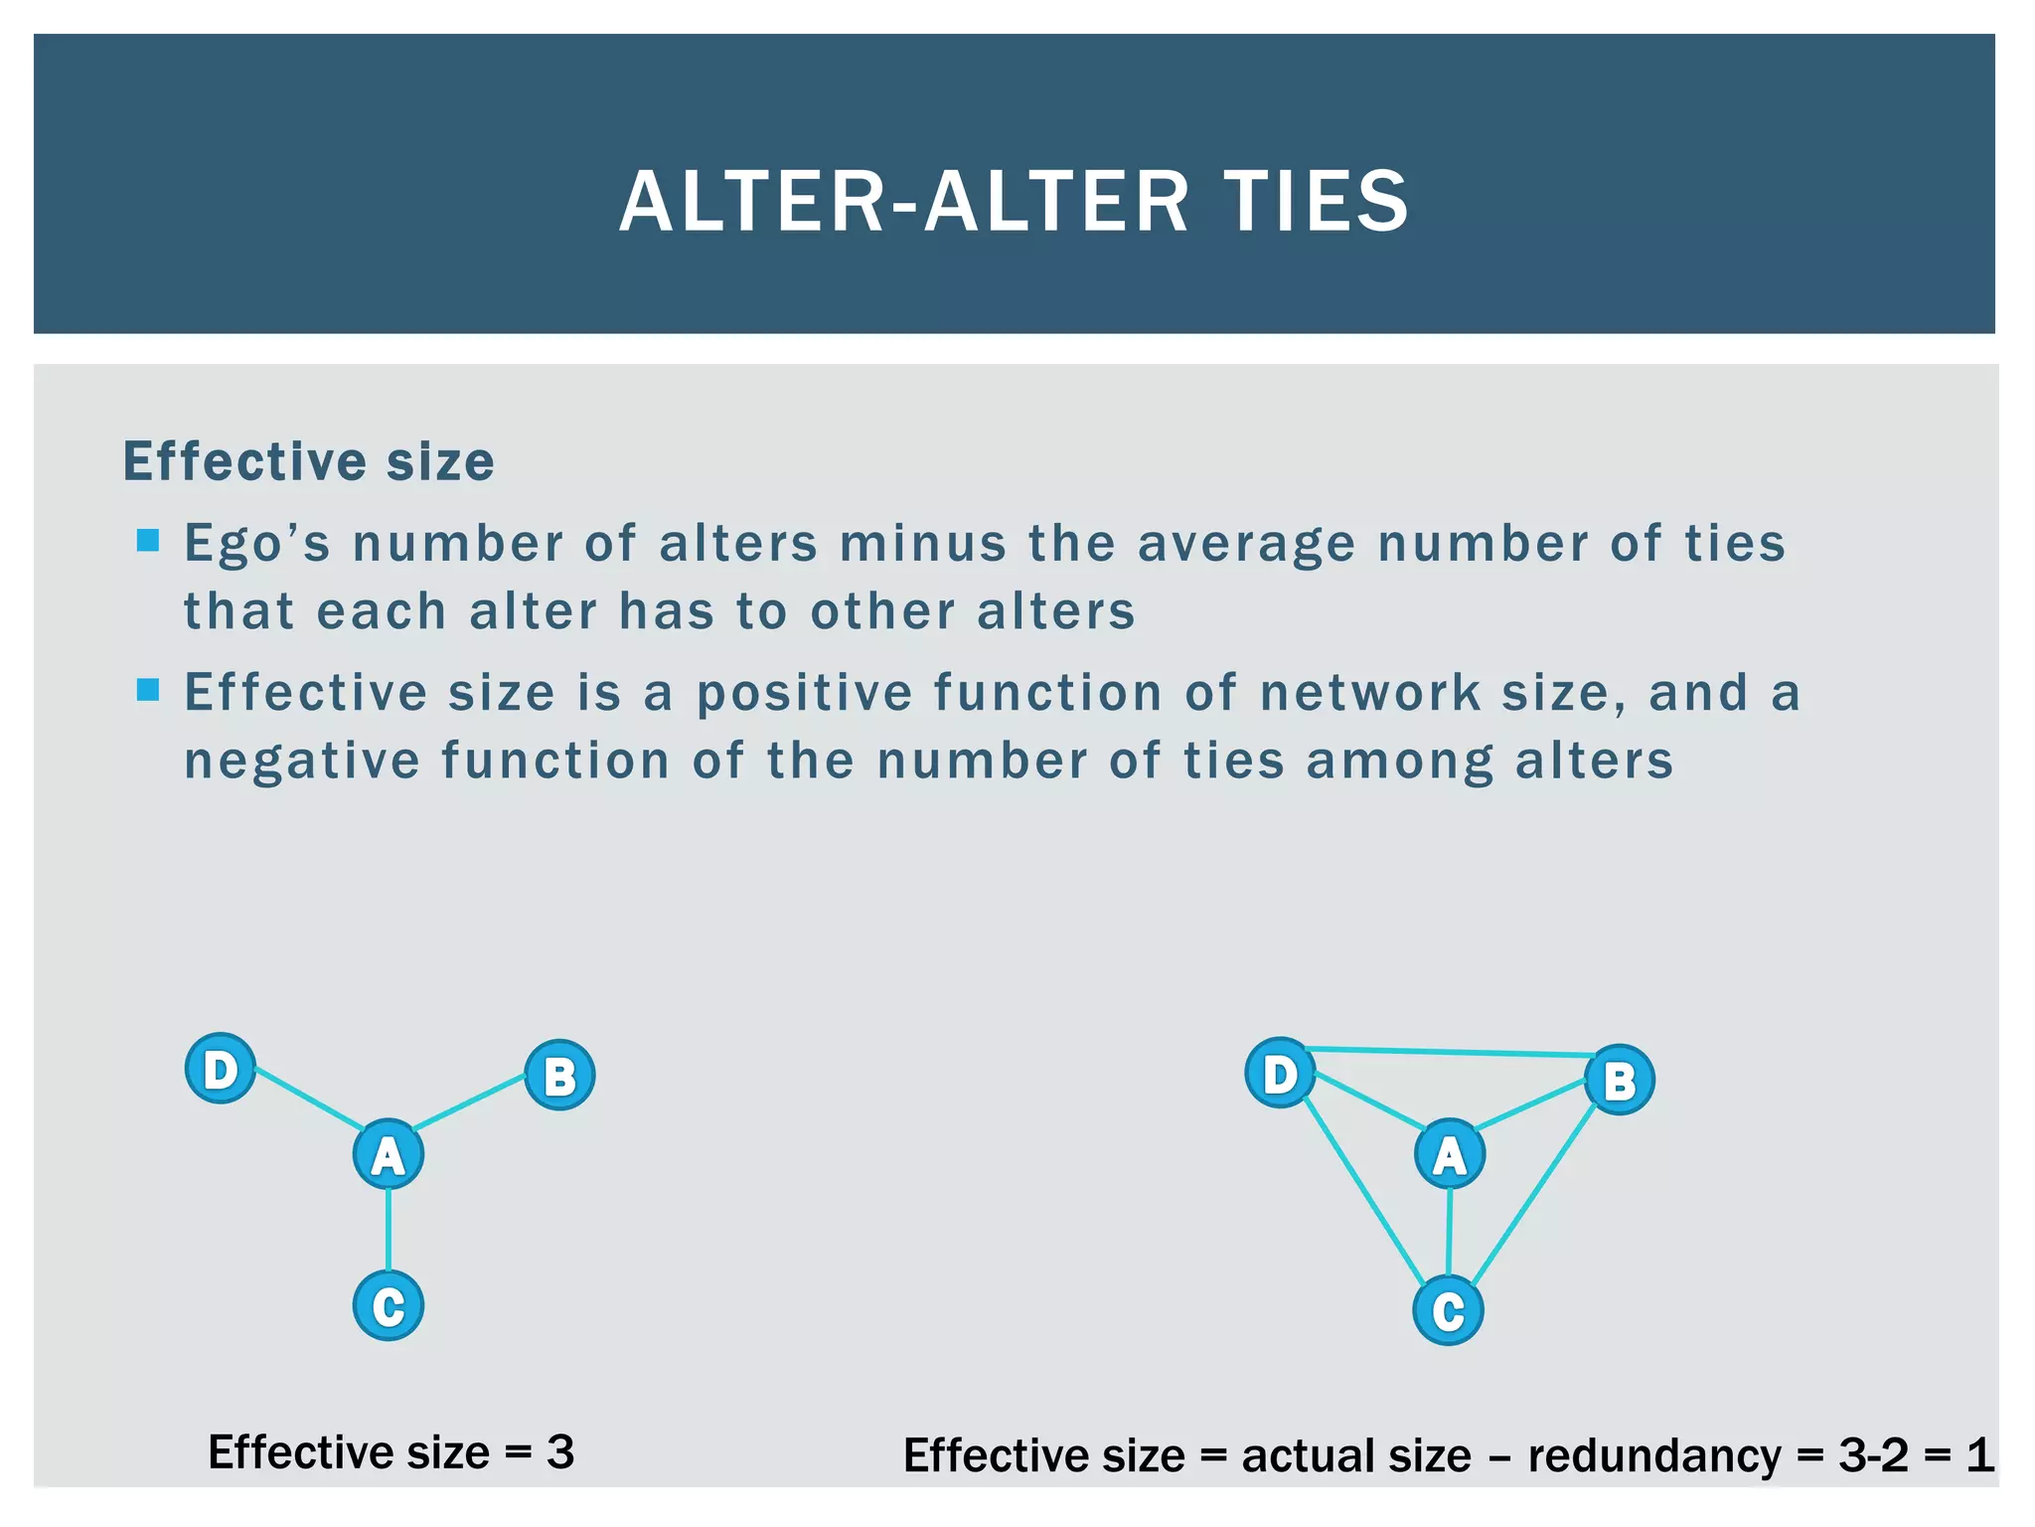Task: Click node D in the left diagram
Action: click(221, 1070)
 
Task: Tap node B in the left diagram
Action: click(559, 1075)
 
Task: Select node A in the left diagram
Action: click(389, 1154)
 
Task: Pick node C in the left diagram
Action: click(389, 1305)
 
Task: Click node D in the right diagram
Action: click(1280, 1073)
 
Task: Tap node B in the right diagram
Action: click(1619, 1080)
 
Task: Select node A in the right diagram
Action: click(1450, 1154)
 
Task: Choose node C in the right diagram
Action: click(1448, 1311)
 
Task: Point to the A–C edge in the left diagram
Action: click(389, 1230)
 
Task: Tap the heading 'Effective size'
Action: click(308, 462)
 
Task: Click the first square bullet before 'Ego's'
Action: click(148, 541)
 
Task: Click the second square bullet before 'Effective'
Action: click(148, 690)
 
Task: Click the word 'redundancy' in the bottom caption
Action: click(1654, 1456)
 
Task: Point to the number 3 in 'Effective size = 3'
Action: click(560, 1452)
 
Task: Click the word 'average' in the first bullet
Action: click(1246, 545)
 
